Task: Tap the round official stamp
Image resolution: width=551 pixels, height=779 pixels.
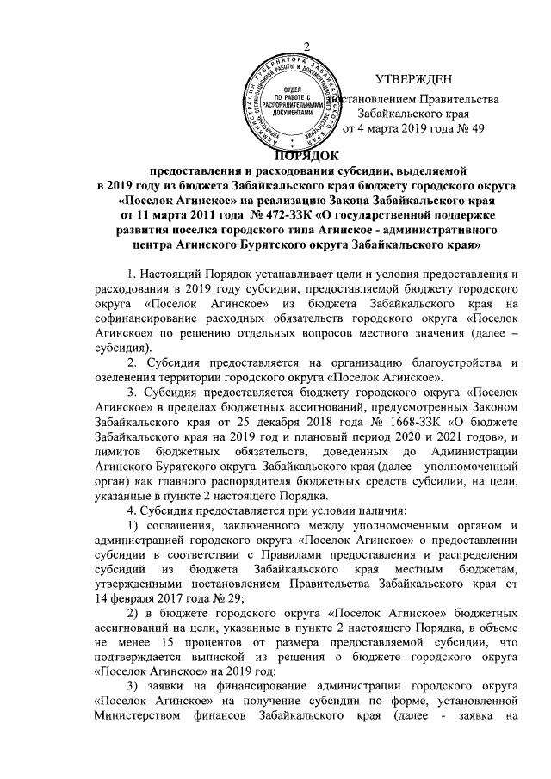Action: coord(291,104)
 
